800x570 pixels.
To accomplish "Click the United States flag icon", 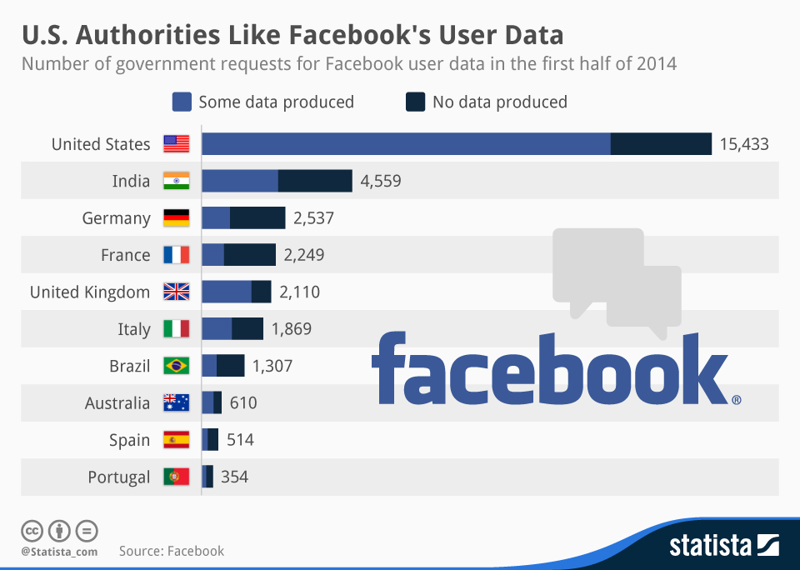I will tap(176, 144).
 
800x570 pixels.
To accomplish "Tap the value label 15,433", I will tap(743, 144).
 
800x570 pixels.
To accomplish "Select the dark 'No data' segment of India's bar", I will tap(315, 181).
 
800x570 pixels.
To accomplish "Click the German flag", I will tap(176, 218).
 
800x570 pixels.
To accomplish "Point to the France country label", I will tap(125, 255).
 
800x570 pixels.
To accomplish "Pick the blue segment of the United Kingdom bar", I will tap(226, 292).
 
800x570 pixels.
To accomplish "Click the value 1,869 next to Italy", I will tap(291, 329).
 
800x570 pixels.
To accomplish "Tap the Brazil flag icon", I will tap(176, 366).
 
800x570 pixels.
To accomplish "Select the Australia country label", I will tap(117, 403).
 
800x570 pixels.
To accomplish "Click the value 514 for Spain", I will tap(240, 440).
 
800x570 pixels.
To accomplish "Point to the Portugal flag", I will tap(176, 477).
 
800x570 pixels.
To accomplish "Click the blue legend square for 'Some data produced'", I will tap(182, 102).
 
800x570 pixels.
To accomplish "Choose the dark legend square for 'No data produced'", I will tap(415, 102).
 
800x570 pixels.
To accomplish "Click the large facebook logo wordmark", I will tap(550, 368).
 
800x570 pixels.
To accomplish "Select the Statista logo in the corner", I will tap(723, 546).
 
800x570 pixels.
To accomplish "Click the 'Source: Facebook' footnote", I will tap(171, 551).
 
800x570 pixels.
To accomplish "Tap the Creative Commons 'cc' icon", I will tap(32, 530).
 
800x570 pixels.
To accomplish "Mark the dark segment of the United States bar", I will tap(661, 144).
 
